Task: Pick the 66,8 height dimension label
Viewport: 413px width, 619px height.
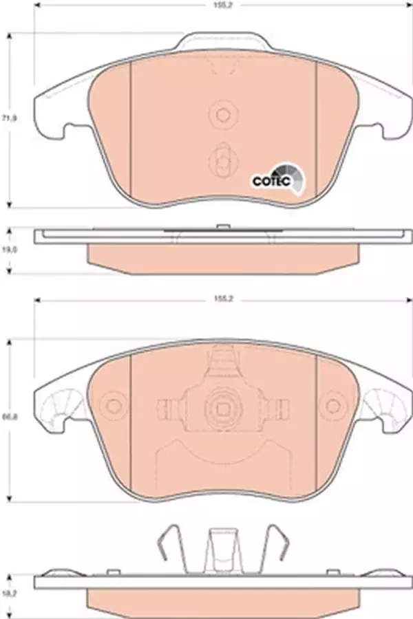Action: point(9,417)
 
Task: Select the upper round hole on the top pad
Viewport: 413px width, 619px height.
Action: point(222,114)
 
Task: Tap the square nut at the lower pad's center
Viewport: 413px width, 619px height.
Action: point(222,407)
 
